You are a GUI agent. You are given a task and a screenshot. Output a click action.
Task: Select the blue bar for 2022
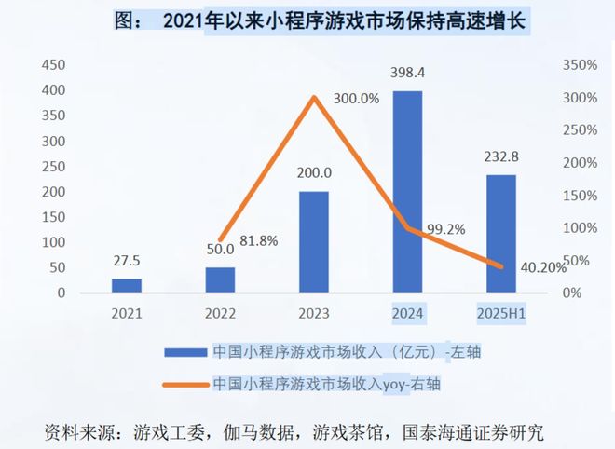(x=221, y=279)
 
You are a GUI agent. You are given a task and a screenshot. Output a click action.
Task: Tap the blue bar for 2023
(x=314, y=241)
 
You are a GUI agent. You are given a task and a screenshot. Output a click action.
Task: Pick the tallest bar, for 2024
(x=407, y=191)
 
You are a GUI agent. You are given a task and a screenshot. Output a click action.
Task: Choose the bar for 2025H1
(x=500, y=233)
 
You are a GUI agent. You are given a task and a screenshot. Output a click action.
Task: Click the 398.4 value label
(x=407, y=73)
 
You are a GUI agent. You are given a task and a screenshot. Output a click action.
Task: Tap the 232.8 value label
(x=500, y=156)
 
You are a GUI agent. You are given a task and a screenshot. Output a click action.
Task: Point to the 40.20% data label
(x=540, y=267)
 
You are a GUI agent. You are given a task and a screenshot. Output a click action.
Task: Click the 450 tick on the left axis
(x=53, y=65)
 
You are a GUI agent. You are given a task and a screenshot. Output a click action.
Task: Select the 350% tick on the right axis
(x=579, y=65)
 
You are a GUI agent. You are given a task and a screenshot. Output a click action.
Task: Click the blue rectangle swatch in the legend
(x=184, y=352)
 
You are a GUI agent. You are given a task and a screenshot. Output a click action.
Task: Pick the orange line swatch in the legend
(x=184, y=384)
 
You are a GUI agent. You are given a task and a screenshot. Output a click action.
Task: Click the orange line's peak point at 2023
(x=314, y=97)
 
